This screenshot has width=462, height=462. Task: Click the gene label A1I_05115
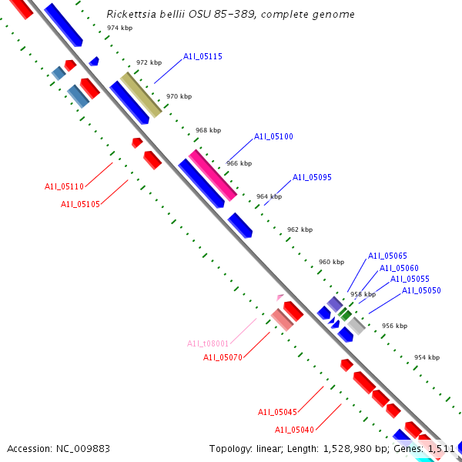click(x=203, y=56)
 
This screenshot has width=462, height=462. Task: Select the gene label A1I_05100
click(x=273, y=136)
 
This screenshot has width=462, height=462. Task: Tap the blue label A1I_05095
click(x=312, y=177)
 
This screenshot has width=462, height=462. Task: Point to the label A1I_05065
click(x=387, y=256)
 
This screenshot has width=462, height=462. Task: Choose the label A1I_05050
click(x=421, y=290)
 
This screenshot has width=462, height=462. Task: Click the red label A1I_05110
click(x=64, y=186)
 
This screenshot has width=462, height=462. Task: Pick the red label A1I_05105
click(x=80, y=204)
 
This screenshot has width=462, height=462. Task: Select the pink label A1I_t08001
click(x=208, y=343)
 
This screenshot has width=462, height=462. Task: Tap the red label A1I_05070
click(x=223, y=357)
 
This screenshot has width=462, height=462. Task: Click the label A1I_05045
click(x=277, y=412)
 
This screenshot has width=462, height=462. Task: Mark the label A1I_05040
click(x=294, y=430)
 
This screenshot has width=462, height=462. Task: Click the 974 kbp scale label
click(x=119, y=28)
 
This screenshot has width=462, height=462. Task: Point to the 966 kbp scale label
click(x=239, y=163)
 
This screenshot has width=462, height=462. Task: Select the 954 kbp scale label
click(x=427, y=357)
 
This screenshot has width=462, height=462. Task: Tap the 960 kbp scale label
click(x=331, y=262)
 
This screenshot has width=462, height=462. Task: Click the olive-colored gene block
click(x=141, y=95)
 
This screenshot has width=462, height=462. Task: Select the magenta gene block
click(x=213, y=175)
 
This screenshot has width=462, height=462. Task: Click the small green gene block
click(x=346, y=314)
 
